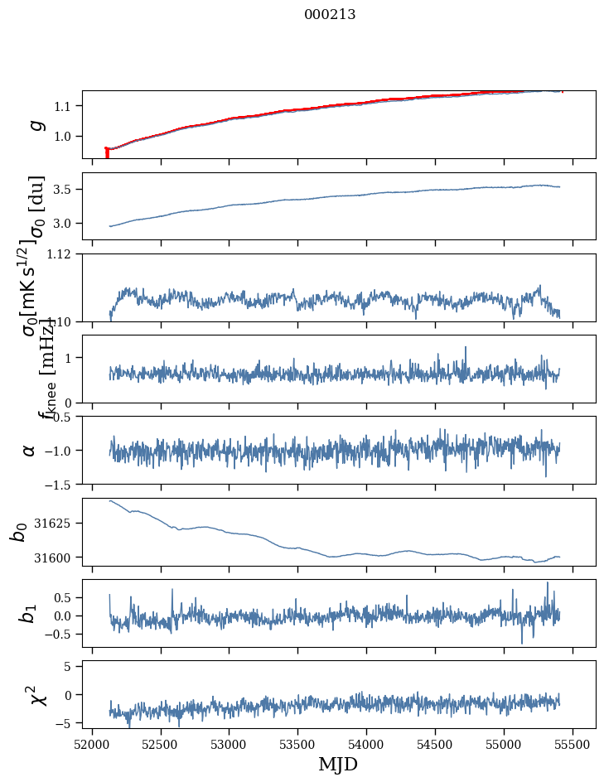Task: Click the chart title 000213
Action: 330,14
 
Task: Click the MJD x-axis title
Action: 338,764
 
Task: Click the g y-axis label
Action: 35,124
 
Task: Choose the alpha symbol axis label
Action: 30,450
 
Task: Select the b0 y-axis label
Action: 18,532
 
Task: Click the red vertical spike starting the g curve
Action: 107,152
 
